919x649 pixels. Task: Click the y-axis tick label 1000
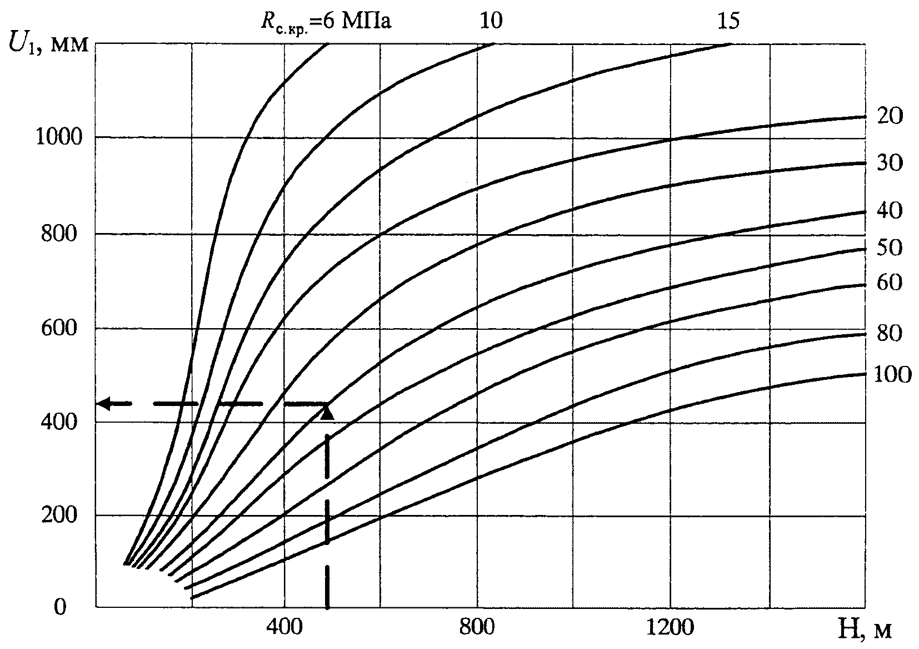(59, 137)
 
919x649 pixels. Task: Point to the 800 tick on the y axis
(59, 234)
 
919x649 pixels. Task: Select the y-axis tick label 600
(59, 328)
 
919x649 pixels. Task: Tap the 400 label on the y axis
(59, 422)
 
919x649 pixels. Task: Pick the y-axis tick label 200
(59, 514)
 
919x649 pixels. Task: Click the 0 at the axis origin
(60, 607)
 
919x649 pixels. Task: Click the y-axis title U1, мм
(48, 44)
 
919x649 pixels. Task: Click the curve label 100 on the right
(892, 374)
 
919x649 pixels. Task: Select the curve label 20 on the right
(890, 116)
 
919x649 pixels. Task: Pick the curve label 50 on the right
(890, 247)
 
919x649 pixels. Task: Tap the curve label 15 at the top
(728, 21)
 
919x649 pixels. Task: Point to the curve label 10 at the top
(491, 21)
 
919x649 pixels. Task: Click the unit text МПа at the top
(366, 21)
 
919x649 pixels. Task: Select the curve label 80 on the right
(890, 333)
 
